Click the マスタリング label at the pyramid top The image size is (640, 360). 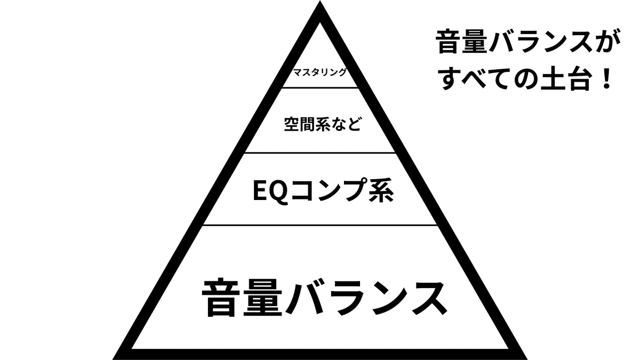(x=321, y=73)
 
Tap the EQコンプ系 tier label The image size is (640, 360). (x=323, y=191)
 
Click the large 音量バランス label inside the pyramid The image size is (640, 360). (x=323, y=297)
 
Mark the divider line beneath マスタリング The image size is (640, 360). (x=321, y=87)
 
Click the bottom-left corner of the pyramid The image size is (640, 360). (x=117, y=354)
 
